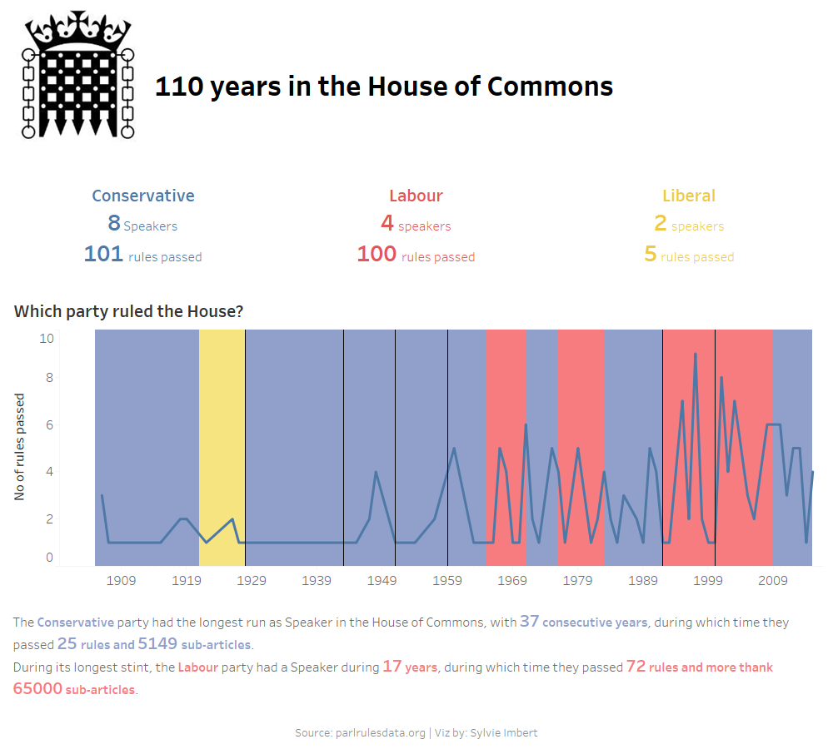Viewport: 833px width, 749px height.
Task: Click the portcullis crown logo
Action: coord(78,75)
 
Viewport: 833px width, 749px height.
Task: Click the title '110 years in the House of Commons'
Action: coord(384,87)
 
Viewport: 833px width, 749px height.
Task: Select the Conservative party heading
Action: coord(143,196)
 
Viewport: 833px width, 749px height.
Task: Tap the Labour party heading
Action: coord(416,196)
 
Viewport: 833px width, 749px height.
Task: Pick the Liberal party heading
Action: coord(689,196)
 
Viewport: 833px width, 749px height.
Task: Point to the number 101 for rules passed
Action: coord(103,254)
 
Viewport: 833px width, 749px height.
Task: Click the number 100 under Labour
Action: coord(377,254)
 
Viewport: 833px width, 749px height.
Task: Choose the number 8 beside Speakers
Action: coord(114,223)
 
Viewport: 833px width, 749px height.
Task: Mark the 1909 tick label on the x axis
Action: coord(121,580)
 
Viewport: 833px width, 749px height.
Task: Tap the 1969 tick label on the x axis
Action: coord(512,580)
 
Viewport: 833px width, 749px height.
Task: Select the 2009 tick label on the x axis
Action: coord(773,580)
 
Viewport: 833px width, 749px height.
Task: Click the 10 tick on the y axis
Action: coord(47,338)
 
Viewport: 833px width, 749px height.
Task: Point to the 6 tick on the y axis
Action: coord(49,424)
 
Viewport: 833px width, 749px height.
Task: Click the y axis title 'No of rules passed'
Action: coord(20,447)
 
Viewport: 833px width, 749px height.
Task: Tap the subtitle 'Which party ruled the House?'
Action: coord(128,311)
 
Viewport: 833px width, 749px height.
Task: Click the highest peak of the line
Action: coord(696,354)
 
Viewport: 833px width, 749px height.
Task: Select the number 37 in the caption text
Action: coord(529,621)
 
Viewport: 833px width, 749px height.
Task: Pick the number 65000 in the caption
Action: coord(37,689)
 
